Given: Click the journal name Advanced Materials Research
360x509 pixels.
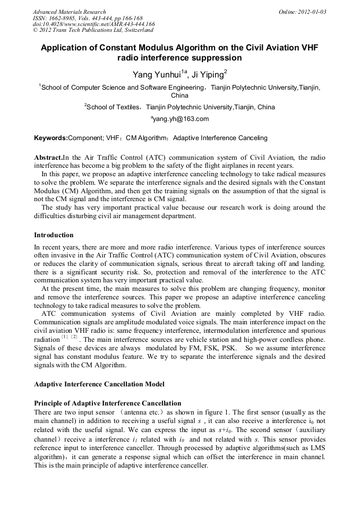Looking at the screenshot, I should pos(69,12).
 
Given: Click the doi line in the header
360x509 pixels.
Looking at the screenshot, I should pos(94,24).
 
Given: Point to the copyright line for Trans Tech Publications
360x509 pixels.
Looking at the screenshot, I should pos(93,30).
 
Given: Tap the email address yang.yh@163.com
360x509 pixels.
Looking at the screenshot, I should pos(181,119).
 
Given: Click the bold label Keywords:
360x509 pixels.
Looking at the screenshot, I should pos(51,138).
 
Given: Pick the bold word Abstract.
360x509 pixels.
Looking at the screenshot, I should pos(48,158).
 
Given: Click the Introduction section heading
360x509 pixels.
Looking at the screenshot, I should pos(54,235).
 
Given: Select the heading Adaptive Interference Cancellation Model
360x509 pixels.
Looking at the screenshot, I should pos(99,384).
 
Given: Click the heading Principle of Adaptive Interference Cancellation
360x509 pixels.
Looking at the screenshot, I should pos(107,403).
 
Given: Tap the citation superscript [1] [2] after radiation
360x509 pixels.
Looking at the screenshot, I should pos(70,337).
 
